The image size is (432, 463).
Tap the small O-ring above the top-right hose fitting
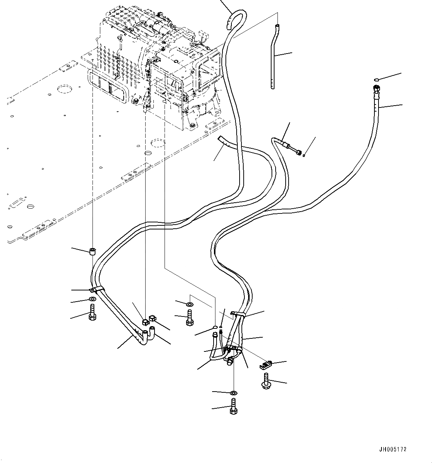pos(377,79)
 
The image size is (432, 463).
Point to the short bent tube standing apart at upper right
pos(275,56)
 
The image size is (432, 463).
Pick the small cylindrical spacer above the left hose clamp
pos(92,251)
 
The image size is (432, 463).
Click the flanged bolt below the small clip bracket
pos(266,381)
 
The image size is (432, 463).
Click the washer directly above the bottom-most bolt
pos(233,393)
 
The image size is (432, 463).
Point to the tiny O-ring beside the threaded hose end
pos(304,155)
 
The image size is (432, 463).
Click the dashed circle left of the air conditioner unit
pos(65,89)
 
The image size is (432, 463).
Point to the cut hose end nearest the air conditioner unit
pos(221,139)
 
